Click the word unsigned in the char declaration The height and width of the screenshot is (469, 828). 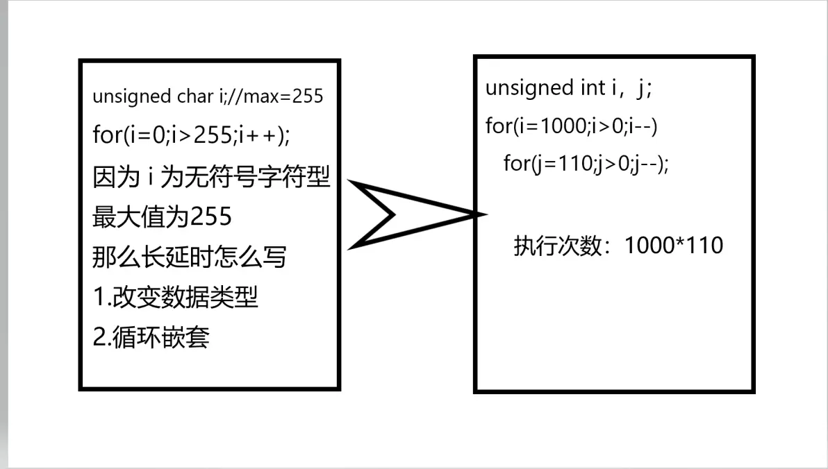[131, 97]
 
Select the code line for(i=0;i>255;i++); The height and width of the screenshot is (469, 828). [191, 135]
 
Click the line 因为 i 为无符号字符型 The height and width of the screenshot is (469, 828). [211, 176]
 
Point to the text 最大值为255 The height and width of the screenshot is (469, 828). [162, 216]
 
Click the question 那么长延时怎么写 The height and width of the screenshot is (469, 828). [190, 257]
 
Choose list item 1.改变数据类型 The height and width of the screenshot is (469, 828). [175, 297]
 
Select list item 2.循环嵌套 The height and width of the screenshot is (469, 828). [151, 337]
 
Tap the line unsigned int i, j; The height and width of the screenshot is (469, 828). [569, 88]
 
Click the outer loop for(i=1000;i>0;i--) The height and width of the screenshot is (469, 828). [572, 126]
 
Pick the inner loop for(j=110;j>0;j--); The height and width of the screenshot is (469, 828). [586, 163]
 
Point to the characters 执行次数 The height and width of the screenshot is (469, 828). [558, 246]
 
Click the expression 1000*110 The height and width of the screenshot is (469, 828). [674, 246]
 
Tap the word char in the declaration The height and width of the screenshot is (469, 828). [195, 96]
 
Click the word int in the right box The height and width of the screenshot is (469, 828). [593, 87]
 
